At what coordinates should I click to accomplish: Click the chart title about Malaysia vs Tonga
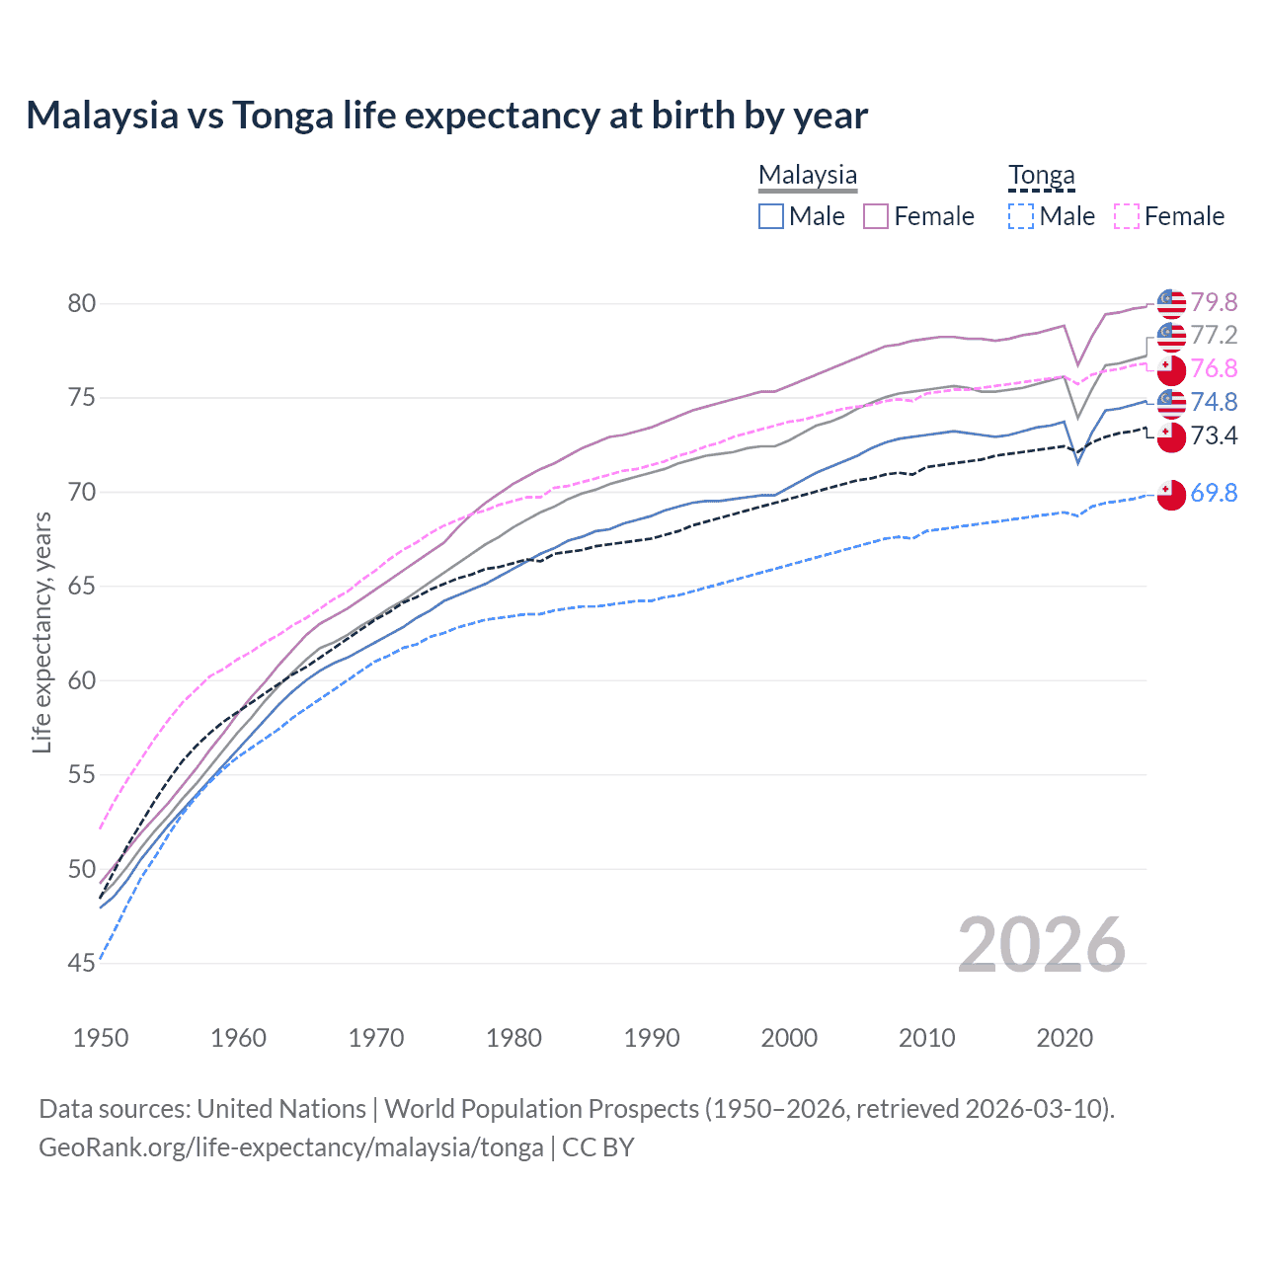[x=446, y=116]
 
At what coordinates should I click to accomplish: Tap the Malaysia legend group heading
[x=807, y=175]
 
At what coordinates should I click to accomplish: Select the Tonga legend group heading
[x=1041, y=175]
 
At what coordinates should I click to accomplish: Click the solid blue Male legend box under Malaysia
[x=771, y=216]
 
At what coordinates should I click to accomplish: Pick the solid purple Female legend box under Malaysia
[x=876, y=216]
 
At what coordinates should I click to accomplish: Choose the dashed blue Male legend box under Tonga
[x=1021, y=216]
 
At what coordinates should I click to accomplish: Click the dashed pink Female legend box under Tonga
[x=1127, y=216]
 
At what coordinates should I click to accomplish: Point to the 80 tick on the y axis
[x=82, y=303]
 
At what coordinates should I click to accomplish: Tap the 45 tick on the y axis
[x=82, y=963]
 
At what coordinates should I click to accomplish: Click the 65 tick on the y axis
[x=82, y=587]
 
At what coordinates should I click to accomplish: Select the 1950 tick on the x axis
[x=101, y=1038]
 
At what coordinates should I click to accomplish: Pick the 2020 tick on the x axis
[x=1065, y=1038]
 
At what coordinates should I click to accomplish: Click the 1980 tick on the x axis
[x=513, y=1038]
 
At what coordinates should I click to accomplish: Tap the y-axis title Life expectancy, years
[x=41, y=632]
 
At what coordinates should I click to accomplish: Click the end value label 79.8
[x=1214, y=302]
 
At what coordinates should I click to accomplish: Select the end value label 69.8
[x=1214, y=493]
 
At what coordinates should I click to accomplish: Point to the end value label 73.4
[x=1214, y=435]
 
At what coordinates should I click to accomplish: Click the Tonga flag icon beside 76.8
[x=1171, y=370]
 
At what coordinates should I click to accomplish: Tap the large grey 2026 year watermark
[x=1041, y=945]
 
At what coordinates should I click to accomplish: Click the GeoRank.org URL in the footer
[x=291, y=1147]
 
